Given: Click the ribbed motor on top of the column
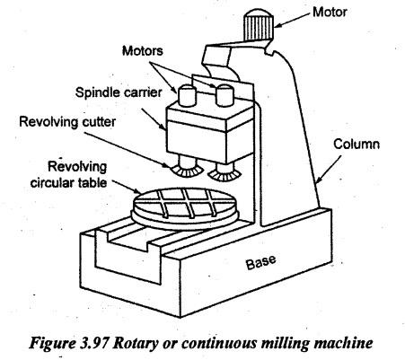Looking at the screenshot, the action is point(258,24).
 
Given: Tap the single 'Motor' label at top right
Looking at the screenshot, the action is point(330,13).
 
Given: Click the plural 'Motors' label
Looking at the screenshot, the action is point(143,51).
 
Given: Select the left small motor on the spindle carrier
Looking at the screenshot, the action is point(187,95).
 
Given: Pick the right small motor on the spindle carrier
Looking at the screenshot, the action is point(225,95).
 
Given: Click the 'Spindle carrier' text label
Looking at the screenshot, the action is point(119,92).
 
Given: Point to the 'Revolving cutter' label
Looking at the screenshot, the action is point(67,122).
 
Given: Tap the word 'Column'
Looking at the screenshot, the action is point(357,145).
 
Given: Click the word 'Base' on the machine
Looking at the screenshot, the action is point(260,262).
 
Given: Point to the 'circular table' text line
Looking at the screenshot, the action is point(68,182).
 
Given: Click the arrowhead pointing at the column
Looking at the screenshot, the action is point(319,179).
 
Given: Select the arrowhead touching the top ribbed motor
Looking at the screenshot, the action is point(278,25).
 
